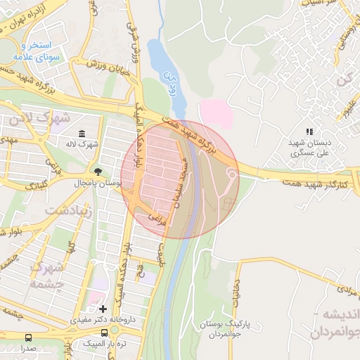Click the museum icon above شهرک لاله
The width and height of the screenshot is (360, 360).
point(82,134)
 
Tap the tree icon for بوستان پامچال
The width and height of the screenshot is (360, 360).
point(97,172)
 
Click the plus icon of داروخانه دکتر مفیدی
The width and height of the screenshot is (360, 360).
point(103,309)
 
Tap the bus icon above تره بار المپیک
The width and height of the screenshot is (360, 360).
point(105,333)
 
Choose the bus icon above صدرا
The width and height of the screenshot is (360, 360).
point(28,337)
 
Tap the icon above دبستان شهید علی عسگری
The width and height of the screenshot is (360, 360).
point(309,131)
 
